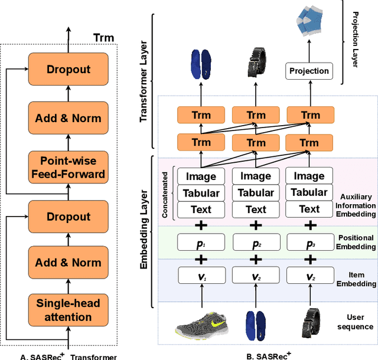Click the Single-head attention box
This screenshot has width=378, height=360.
[x=69, y=310]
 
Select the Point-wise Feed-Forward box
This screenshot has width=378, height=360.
[x=69, y=168]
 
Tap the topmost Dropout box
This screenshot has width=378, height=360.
[x=69, y=69]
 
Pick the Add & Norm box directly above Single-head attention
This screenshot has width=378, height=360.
[x=69, y=263]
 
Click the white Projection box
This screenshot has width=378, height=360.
[x=309, y=71]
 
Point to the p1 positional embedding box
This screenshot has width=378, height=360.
[x=202, y=243]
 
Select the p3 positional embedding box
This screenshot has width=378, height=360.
[x=309, y=243]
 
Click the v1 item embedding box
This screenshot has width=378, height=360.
[x=202, y=275]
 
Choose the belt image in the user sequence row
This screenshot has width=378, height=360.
[x=309, y=324]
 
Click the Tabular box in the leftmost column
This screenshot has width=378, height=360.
[x=202, y=192]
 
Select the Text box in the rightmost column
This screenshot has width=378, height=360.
[x=309, y=209]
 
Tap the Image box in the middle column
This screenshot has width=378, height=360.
[x=255, y=176]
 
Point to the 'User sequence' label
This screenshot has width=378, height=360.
[x=354, y=322]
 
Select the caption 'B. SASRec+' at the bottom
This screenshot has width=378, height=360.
[x=269, y=356]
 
